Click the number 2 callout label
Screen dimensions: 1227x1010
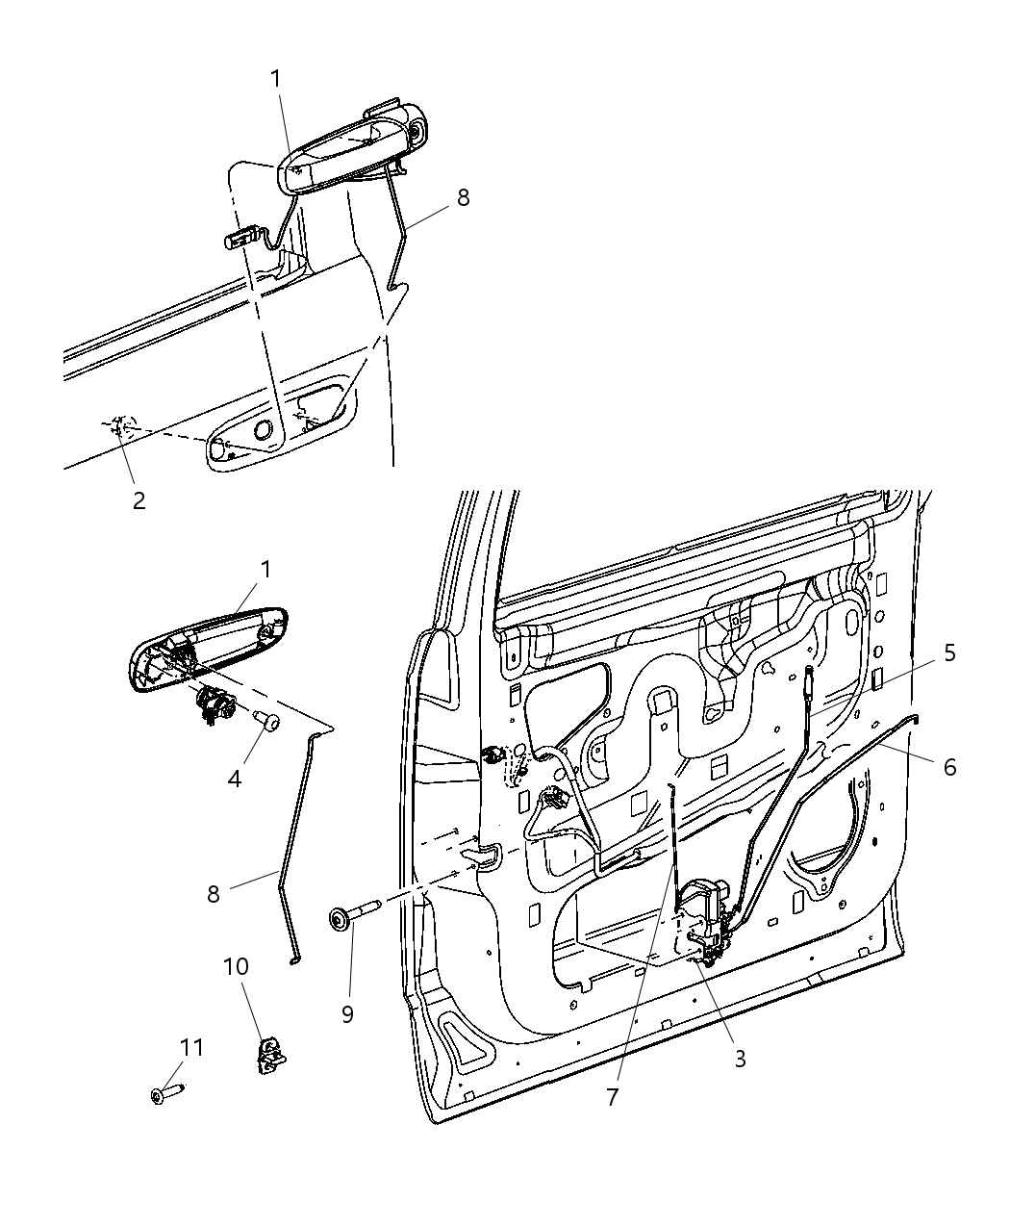pos(139,500)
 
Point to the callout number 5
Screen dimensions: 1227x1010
pos(948,653)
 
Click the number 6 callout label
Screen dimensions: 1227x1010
pos(949,767)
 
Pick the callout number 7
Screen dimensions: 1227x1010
pos(613,1097)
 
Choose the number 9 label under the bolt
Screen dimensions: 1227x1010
pos(347,1013)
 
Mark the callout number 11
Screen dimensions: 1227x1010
pos(192,1047)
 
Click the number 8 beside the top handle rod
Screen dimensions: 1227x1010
pos(463,197)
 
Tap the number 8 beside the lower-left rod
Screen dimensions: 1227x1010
pos(214,894)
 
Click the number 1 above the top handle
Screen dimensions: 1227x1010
pos(276,79)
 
